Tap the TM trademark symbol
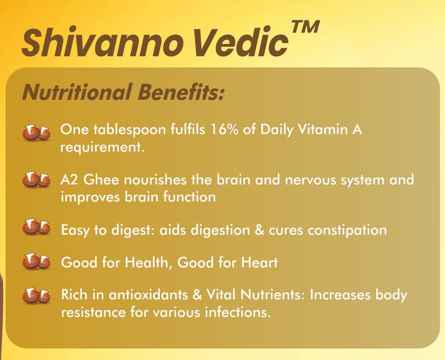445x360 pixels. [x=305, y=27]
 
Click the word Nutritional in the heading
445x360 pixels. [x=77, y=92]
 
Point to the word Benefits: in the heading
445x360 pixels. [x=181, y=92]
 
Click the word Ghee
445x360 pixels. [x=101, y=180]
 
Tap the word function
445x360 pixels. [x=189, y=197]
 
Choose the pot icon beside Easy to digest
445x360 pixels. [x=36, y=227]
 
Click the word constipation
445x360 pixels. [x=347, y=230]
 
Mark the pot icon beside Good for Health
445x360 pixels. [x=36, y=261]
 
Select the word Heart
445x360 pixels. [x=259, y=262]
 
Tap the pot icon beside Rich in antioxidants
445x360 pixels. [x=36, y=296]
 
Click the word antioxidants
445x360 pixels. [x=148, y=295]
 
